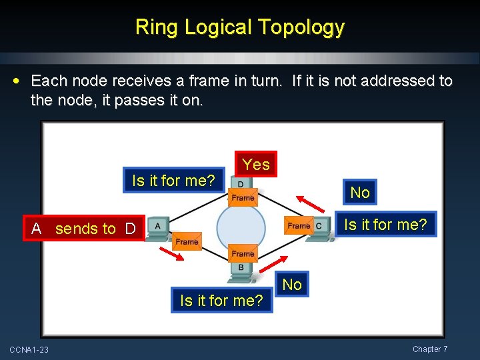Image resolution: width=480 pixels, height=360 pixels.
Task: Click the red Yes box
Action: coord(256,165)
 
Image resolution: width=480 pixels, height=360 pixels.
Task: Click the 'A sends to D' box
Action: coord(83,229)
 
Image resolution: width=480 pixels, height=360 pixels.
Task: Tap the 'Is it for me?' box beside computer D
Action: coord(173,180)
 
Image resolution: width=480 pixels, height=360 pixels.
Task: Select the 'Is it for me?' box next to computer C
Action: coord(385,225)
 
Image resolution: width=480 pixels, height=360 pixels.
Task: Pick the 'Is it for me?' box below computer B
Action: coord(221,301)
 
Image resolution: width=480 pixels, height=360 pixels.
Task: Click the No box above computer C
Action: coord(360,193)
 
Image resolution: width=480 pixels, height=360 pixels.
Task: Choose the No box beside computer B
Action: coord(292,285)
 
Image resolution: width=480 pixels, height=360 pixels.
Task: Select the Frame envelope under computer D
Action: coord(243,197)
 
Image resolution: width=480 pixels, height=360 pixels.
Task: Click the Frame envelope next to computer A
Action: coord(187,241)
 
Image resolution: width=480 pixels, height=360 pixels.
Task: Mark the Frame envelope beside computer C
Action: coord(298,225)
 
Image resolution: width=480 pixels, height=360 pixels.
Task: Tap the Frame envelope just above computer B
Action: coord(243,253)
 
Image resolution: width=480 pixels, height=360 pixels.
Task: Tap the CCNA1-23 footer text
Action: coord(29,350)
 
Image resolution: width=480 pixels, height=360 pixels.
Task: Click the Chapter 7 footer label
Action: coord(430,349)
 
